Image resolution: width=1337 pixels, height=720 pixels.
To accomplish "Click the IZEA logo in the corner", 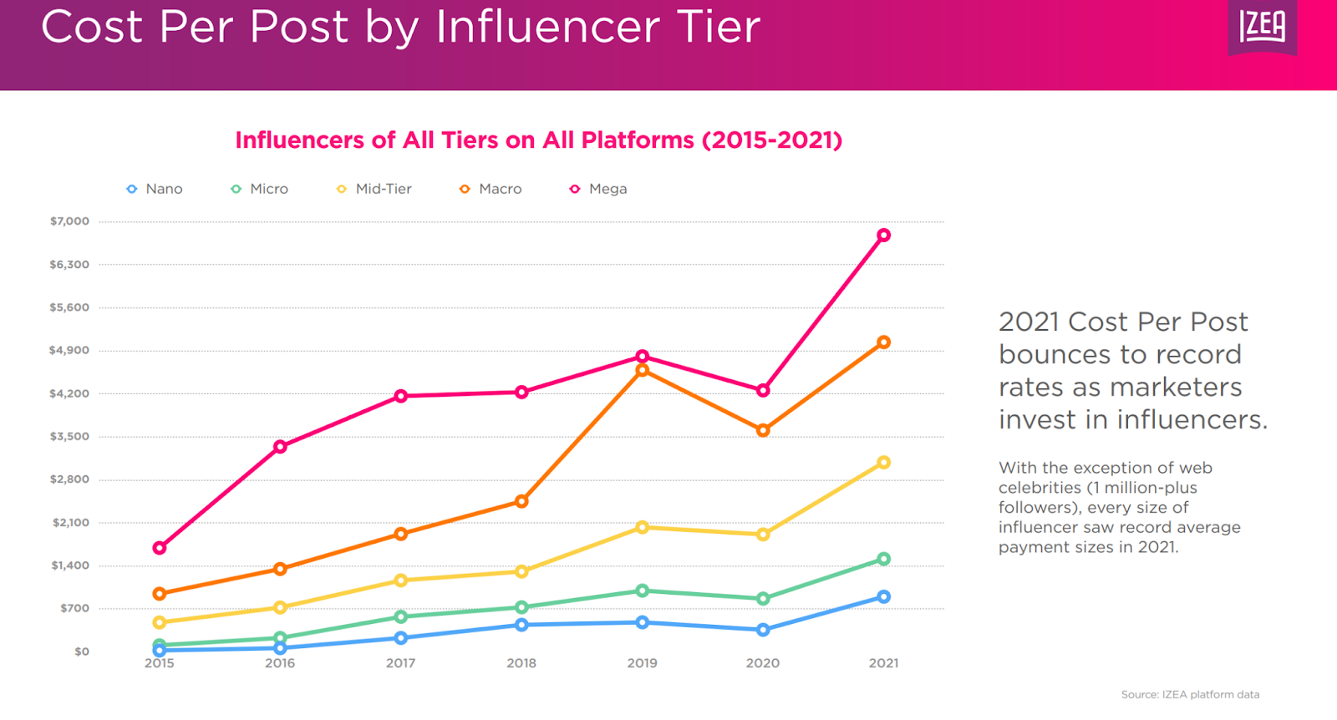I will pos(1262,28).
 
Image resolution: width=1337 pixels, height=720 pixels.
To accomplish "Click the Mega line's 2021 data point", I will pos(883,236).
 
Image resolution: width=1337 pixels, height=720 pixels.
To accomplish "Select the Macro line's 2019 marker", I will pos(642,370).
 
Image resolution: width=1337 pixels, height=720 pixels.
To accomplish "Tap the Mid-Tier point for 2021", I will pos(883,463).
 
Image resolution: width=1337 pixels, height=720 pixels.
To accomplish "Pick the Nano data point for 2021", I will pos(883,597).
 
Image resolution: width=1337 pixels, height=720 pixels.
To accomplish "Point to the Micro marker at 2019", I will pos(642,591).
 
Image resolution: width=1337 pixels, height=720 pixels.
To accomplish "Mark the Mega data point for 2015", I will pos(160,548).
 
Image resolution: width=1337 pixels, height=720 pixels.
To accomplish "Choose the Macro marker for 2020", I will pos(763,431).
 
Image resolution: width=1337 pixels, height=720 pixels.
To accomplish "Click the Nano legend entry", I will pos(155,190).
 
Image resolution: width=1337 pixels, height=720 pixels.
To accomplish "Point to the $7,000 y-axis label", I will pos(69,221).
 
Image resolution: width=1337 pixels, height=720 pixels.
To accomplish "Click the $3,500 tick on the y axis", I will pos(69,436).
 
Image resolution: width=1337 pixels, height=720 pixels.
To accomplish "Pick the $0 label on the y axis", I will pos(81,652).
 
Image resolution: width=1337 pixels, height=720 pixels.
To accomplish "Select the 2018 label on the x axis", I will pos(521,663).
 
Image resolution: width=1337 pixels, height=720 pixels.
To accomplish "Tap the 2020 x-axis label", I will pos(763,663).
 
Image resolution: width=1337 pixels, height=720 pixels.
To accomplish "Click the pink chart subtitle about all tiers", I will pos(539,140).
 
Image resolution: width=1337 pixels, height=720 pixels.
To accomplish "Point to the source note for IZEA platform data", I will pos(1190,695).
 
